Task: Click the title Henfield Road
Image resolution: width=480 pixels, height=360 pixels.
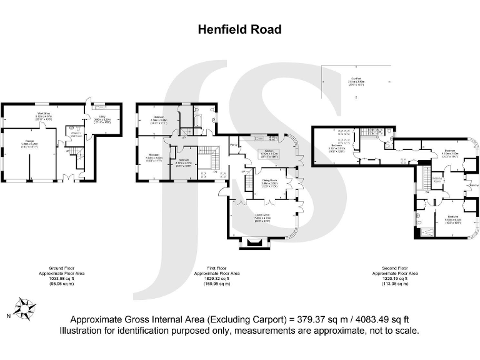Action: click(239, 29)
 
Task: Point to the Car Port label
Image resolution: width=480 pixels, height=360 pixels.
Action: click(356, 77)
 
